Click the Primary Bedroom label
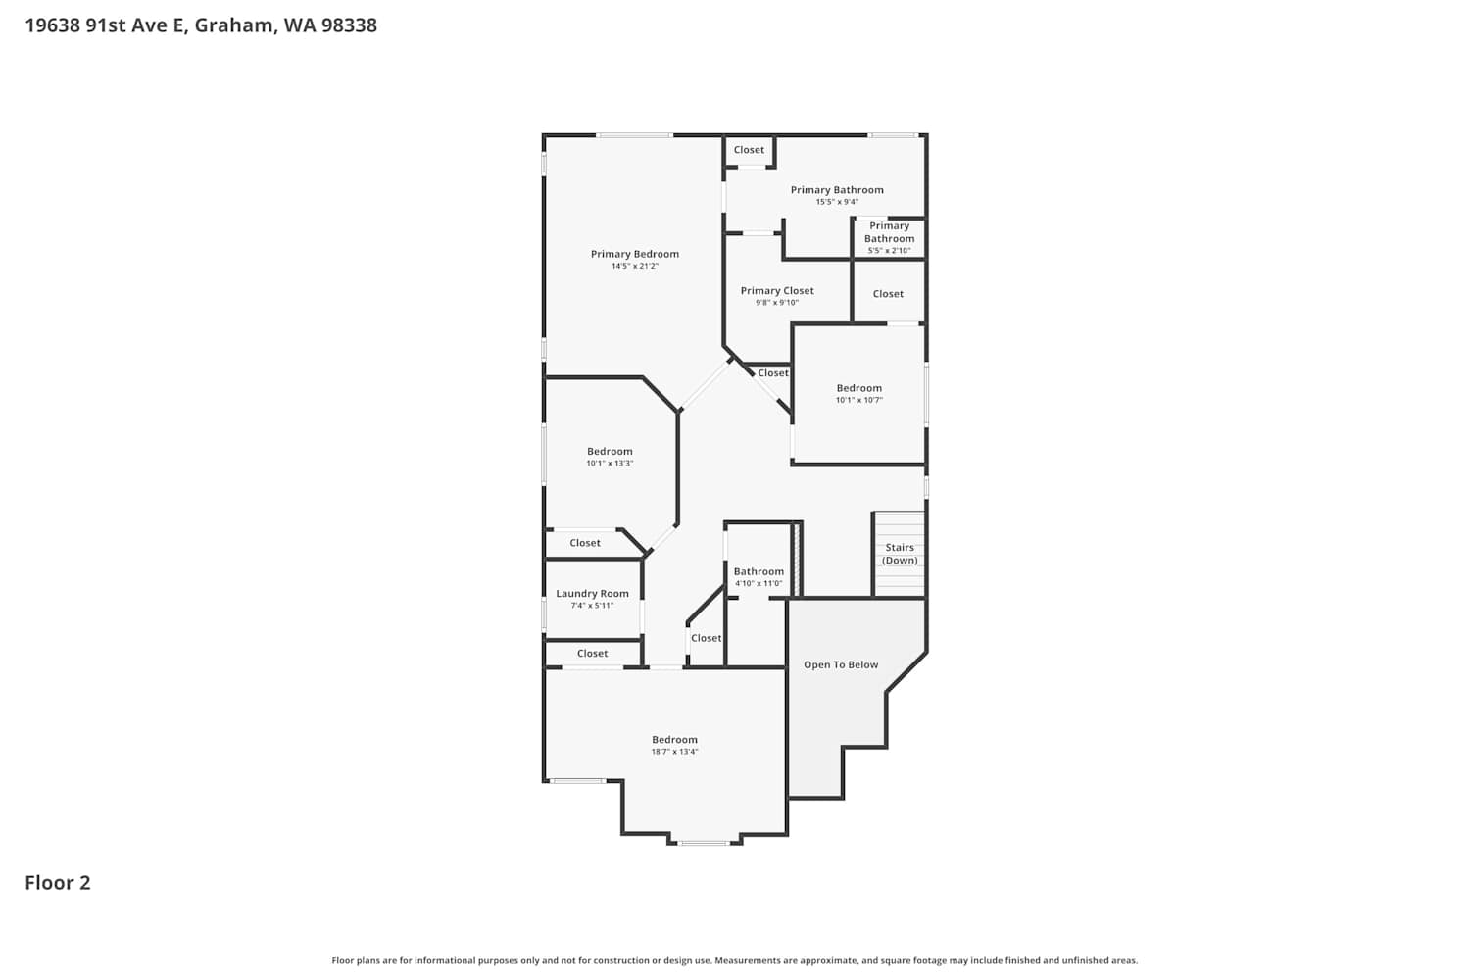[x=635, y=254]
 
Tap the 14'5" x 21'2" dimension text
[x=635, y=266]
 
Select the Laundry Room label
[x=592, y=593]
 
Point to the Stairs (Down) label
[x=899, y=554]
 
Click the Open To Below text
[x=841, y=664]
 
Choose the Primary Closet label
[x=777, y=291]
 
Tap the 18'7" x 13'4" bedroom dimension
[x=674, y=752]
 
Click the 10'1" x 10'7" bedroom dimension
[x=859, y=400]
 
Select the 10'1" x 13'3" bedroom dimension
[x=610, y=463]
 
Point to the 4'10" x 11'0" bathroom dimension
[x=759, y=583]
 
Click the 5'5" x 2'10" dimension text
[x=889, y=250]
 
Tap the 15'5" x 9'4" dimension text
[x=837, y=202]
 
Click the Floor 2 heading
[x=58, y=883]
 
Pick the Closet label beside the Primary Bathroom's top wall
[x=749, y=150]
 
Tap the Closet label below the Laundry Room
[x=592, y=653]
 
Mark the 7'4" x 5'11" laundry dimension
[x=592, y=606]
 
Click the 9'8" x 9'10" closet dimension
[x=777, y=303]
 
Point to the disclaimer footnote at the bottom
[x=734, y=960]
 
